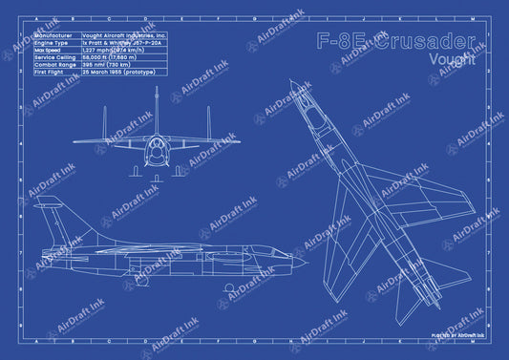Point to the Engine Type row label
52,43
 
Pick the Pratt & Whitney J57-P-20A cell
118,43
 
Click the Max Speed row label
49,50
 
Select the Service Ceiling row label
54,57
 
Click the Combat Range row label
53,64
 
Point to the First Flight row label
51,72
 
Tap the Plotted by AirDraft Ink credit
457,336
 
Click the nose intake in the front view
156,150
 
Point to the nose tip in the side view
306,259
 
